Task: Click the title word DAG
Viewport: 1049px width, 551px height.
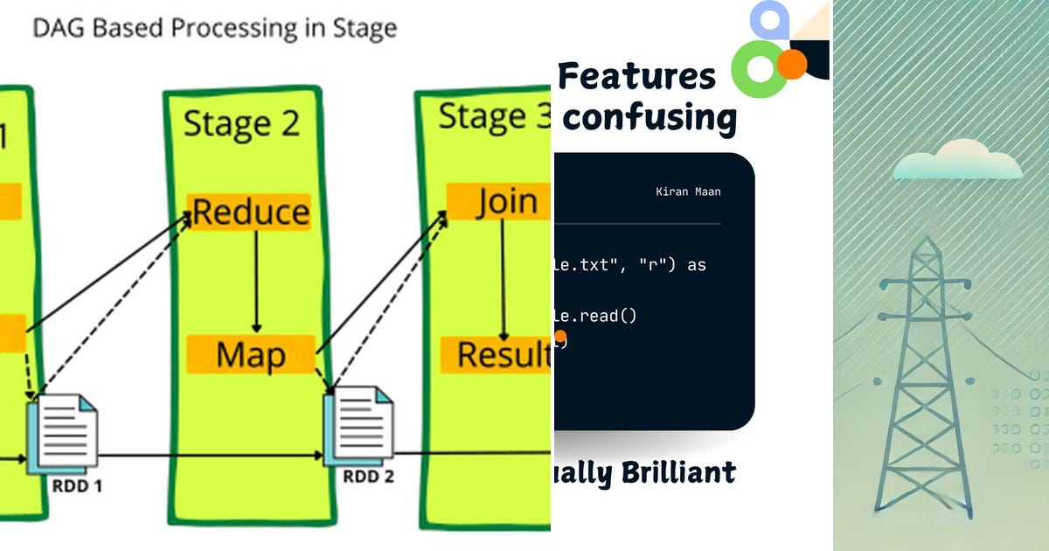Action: (59, 28)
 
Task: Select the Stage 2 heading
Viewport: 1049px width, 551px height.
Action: (240, 123)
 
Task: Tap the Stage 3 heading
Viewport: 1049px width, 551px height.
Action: (494, 116)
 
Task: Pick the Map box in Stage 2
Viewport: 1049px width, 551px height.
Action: (251, 355)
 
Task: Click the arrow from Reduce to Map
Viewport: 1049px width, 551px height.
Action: (256, 282)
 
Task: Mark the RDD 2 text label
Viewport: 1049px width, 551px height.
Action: (368, 477)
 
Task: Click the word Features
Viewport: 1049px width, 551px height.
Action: (636, 77)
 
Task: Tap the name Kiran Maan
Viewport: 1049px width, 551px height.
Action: (688, 192)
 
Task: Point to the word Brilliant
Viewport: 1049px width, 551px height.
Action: (678, 473)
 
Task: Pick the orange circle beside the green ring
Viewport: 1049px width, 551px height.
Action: (792, 64)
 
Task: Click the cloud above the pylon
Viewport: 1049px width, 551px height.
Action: (958, 163)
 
